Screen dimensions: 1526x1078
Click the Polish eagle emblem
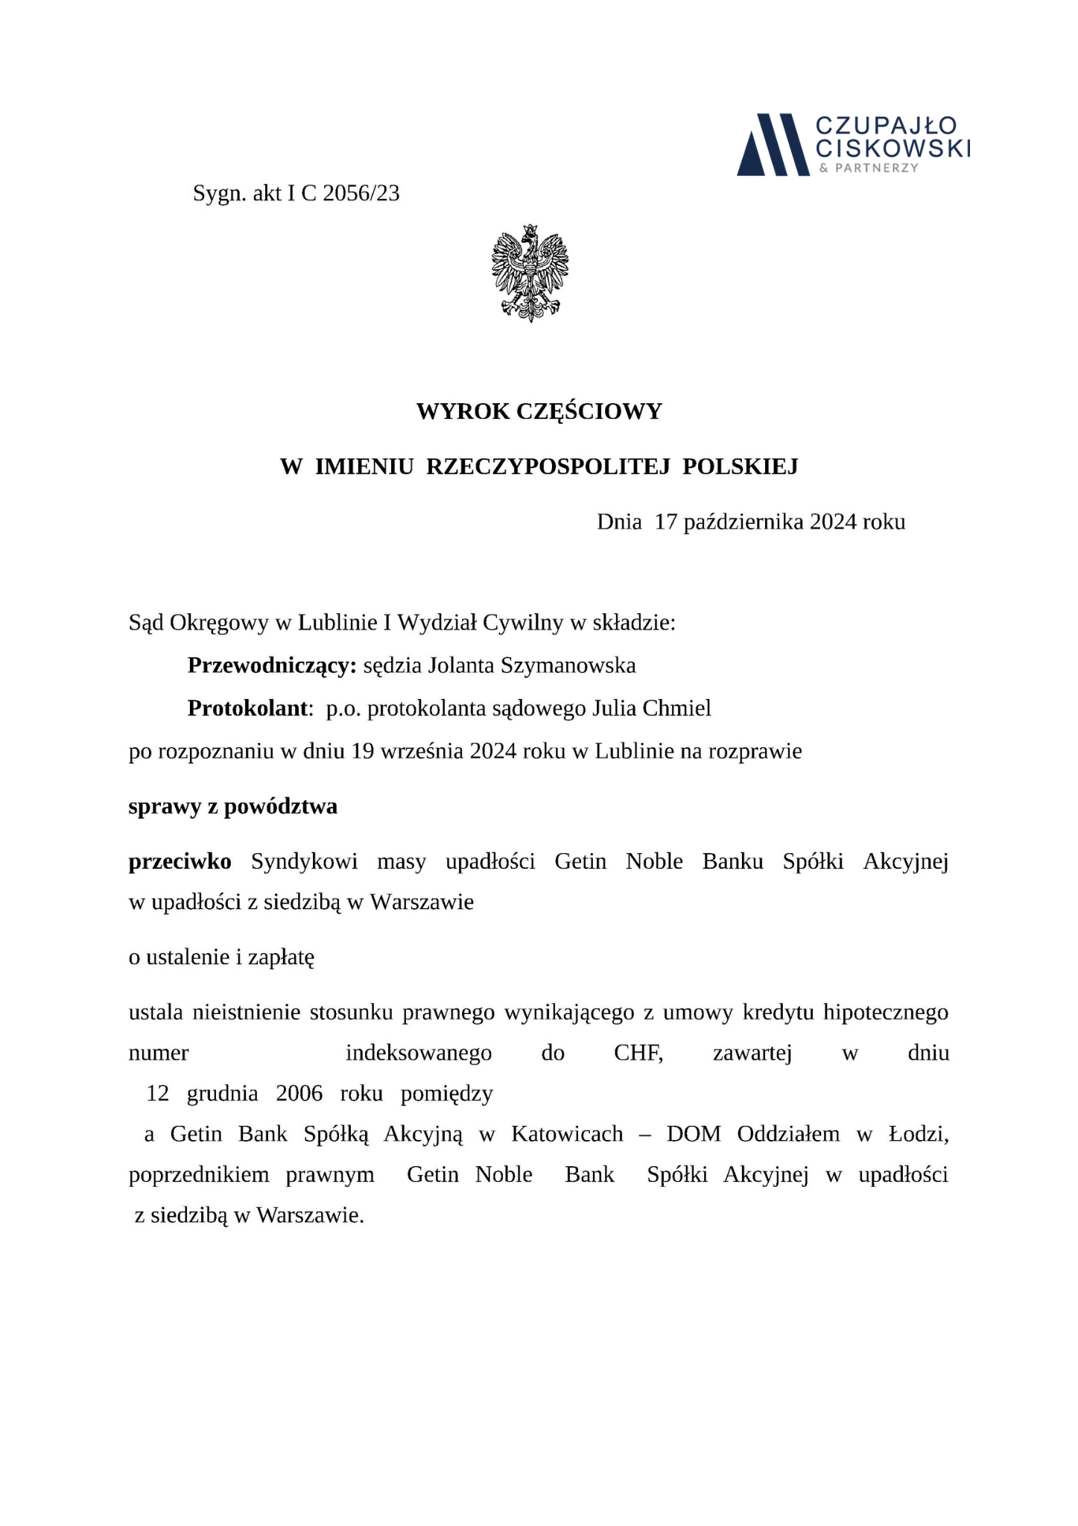530,273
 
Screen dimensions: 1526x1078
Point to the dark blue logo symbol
773,145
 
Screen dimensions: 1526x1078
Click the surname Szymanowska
568,665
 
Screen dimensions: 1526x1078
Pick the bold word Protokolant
247,708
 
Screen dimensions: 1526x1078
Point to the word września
422,751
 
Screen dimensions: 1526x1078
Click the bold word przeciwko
180,861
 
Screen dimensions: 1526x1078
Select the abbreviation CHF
638,1053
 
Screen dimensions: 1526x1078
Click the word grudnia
222,1093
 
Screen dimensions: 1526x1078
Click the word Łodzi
919,1134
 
